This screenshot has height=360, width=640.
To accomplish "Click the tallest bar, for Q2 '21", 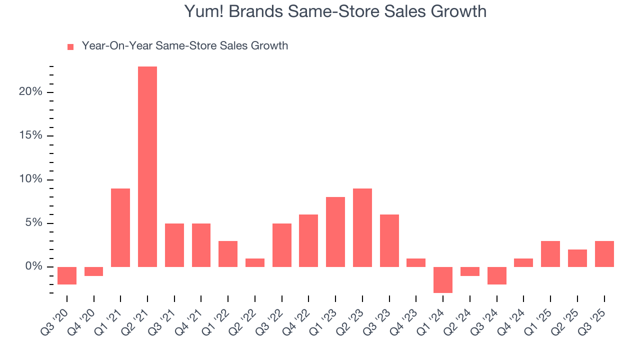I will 147,166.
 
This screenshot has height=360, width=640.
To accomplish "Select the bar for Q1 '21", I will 120,227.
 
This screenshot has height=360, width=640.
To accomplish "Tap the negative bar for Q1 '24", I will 443,279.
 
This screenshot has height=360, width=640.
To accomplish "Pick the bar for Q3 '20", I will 67,275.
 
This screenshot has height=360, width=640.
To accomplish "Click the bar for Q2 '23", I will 362,227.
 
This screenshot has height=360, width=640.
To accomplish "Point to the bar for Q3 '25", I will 604,254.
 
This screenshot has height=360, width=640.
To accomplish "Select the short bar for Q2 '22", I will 255,262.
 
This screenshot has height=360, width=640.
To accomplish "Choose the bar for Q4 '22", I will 308,240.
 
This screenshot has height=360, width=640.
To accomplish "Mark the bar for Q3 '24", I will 496,275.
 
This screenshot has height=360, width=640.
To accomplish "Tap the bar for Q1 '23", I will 335,232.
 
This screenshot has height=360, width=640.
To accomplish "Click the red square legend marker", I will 70,47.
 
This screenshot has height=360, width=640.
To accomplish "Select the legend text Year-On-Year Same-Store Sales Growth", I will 185,46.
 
